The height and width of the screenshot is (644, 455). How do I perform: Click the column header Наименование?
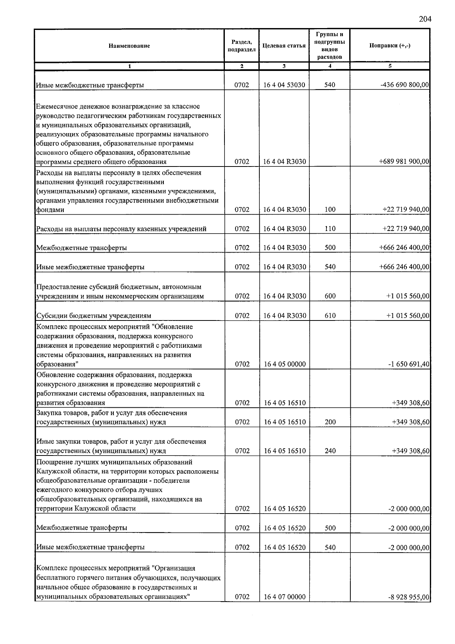(x=129, y=46)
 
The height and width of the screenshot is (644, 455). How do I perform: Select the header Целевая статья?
(x=284, y=46)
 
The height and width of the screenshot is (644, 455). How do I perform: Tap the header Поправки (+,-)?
(x=390, y=46)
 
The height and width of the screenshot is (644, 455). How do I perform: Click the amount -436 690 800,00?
(x=405, y=85)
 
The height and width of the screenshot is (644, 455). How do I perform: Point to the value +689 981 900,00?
(x=404, y=162)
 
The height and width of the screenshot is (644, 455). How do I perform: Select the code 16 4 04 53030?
(x=284, y=85)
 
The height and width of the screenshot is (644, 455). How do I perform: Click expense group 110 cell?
(x=330, y=229)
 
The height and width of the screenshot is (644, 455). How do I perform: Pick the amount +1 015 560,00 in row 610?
(x=408, y=316)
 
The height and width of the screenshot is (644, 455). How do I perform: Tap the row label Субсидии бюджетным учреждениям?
(x=94, y=316)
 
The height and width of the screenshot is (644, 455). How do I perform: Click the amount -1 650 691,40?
(x=409, y=364)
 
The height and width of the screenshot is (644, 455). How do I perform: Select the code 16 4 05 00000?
(x=284, y=364)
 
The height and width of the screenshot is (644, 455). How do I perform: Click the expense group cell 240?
(x=330, y=451)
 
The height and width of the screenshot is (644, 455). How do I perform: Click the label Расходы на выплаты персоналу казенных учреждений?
(x=121, y=229)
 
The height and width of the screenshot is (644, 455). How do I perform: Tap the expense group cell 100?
(x=330, y=209)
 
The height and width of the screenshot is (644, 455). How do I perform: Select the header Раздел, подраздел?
(x=242, y=46)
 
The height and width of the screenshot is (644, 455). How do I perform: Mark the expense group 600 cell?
(x=330, y=296)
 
